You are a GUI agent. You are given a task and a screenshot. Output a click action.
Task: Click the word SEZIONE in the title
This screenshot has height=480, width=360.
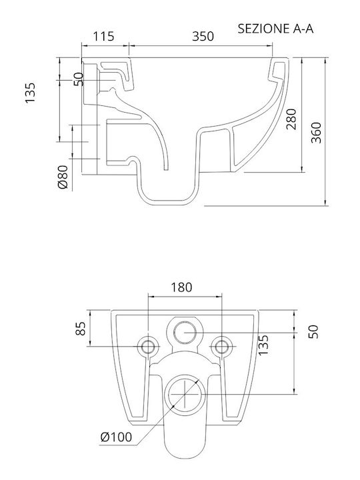pos(264,29)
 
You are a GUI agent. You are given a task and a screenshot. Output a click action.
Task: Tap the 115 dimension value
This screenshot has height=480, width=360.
pos(103,36)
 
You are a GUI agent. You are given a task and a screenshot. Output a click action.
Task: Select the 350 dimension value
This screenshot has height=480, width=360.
pos(203,36)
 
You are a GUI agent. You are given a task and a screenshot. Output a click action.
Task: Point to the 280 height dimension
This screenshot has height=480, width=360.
pos(291,119)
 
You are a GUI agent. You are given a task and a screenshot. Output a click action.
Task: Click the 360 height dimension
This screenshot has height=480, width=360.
pos(316,133)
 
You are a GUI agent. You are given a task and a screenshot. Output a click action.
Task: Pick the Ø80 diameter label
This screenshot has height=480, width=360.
pos(63,177)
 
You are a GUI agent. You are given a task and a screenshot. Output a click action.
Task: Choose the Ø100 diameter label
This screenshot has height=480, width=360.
pos(116,437)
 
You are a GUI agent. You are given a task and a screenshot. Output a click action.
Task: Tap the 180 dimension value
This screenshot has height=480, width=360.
pos(181,287)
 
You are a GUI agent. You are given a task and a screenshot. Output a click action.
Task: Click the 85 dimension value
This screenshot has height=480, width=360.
pos(81,329)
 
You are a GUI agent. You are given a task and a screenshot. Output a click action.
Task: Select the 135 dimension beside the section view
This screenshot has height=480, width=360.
pos(30,93)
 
